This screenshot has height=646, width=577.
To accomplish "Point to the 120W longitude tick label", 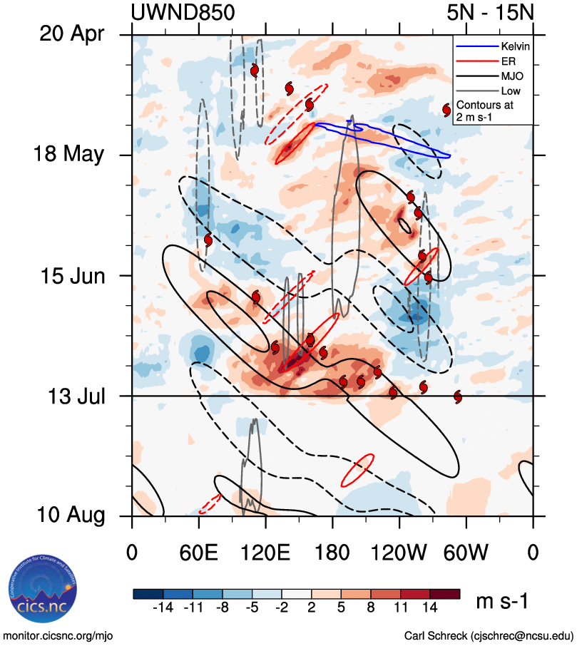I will pyautogui.click(x=399, y=553).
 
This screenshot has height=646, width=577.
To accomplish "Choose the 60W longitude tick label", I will pyautogui.click(x=466, y=553).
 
